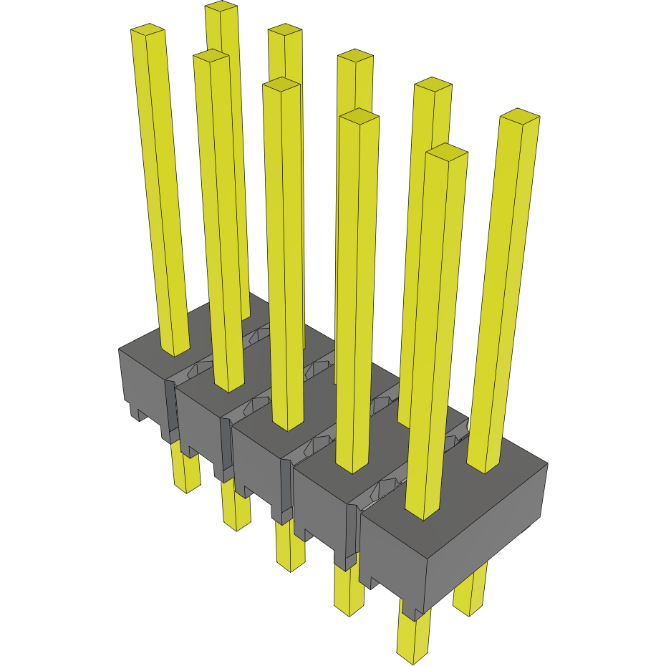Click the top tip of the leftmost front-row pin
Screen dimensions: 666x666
coord(148,31)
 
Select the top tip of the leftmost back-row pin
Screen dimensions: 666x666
coord(221,7)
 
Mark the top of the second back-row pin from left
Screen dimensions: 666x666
coord(285,29)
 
